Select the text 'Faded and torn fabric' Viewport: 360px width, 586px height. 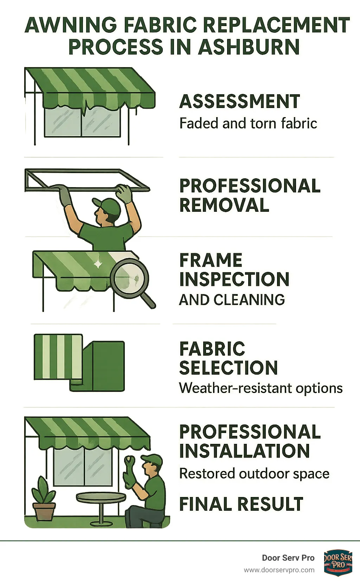tap(248, 123)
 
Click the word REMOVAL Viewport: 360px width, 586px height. tap(224, 205)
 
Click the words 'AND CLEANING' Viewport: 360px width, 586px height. tap(232, 300)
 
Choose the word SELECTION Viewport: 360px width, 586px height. tap(228, 368)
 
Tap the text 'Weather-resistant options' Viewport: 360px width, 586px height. tap(261, 388)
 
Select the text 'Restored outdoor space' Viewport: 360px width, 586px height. tap(254, 474)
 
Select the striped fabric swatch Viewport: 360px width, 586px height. tap(58, 357)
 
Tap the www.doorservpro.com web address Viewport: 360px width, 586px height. tap(279, 570)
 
